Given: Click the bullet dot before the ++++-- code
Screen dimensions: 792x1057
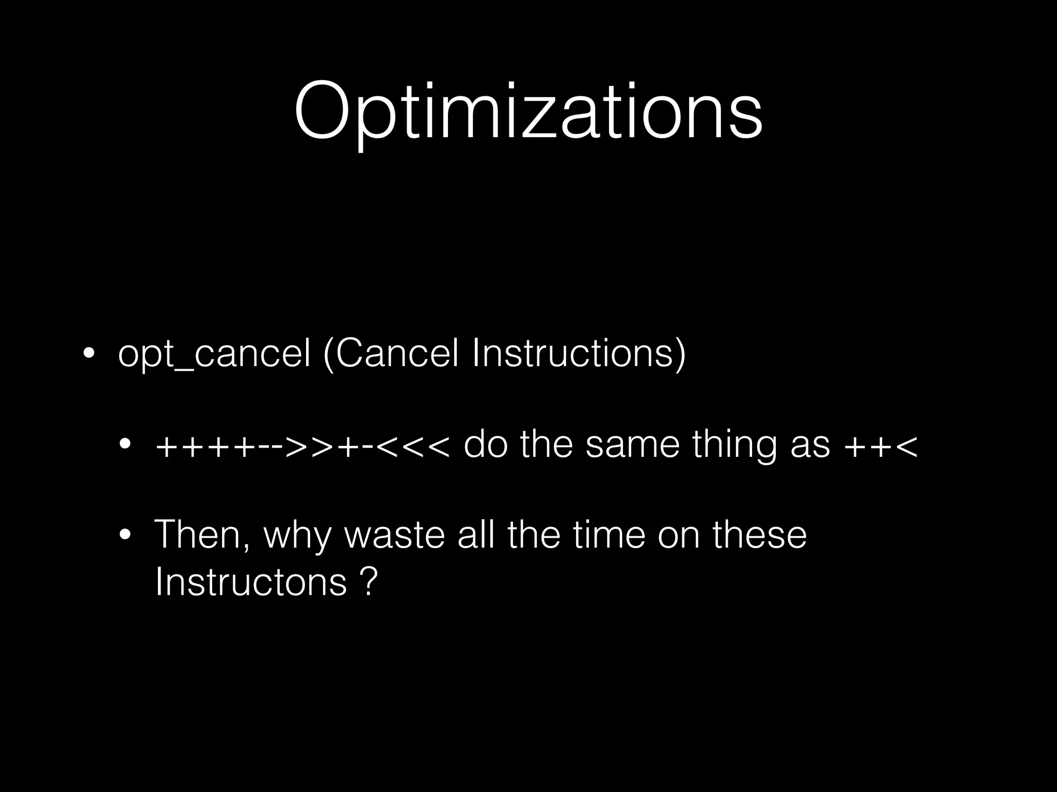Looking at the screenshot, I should [x=124, y=444].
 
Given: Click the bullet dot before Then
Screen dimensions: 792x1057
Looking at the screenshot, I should [x=124, y=535].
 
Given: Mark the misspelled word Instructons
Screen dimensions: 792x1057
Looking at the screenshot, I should [x=251, y=581].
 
